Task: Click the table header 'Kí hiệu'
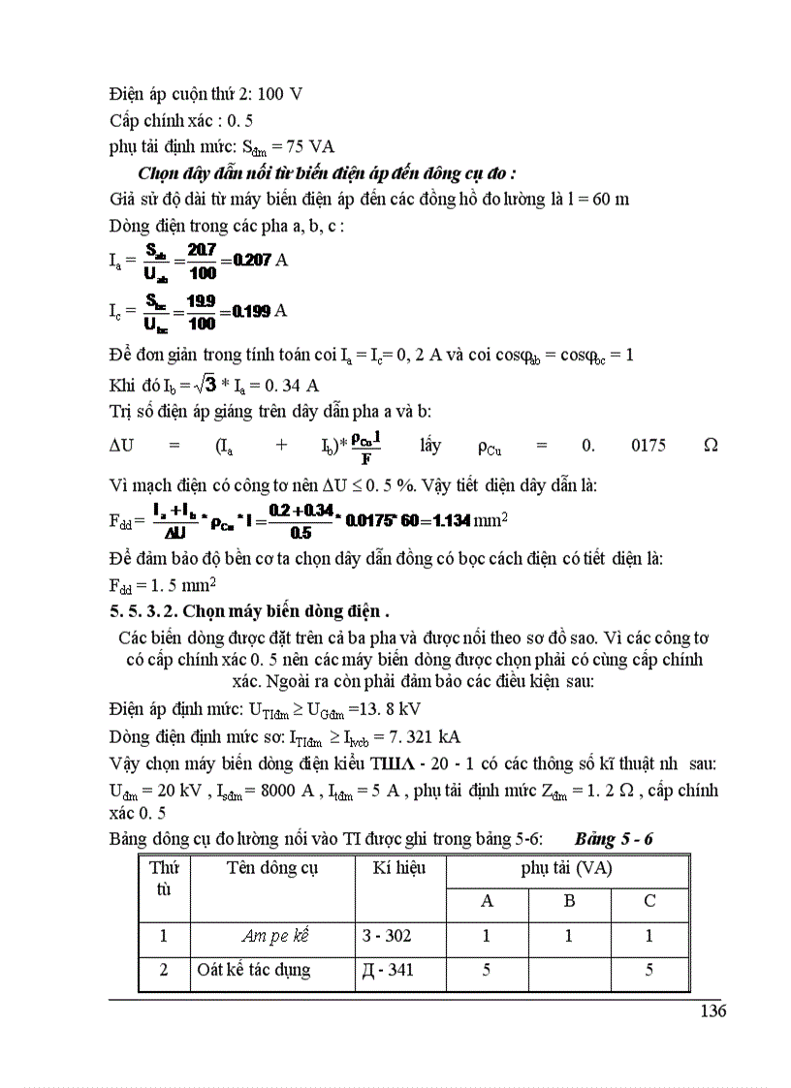click(399, 867)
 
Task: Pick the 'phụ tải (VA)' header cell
click(566, 868)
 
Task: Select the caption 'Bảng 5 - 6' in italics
click(614, 837)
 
